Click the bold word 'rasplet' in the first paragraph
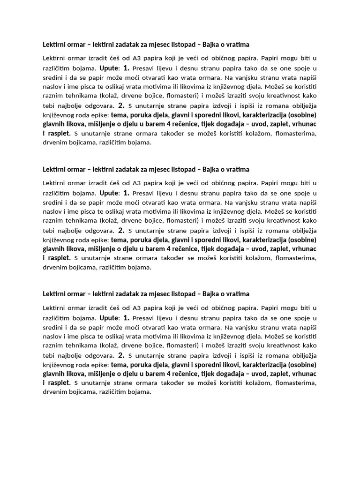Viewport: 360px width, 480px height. tap(59, 133)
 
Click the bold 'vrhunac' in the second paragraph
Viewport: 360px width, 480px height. tap(303, 248)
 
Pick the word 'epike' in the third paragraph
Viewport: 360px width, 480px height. tap(99, 365)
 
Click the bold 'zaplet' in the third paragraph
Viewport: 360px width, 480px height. tap(276, 374)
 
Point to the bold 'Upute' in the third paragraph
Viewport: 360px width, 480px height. tap(110, 317)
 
